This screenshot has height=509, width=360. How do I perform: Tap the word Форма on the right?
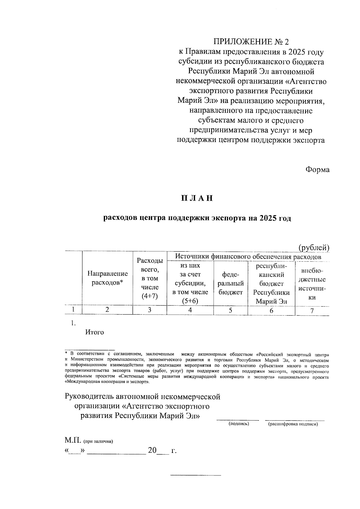point(317,170)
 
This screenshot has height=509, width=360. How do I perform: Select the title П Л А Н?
point(197,198)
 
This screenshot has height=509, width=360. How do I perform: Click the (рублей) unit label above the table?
point(314,248)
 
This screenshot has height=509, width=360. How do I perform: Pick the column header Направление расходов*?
point(107,278)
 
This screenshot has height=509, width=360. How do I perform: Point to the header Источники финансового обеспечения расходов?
point(248,257)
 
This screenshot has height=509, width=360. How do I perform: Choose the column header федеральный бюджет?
point(230,283)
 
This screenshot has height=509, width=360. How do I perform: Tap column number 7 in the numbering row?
point(312,311)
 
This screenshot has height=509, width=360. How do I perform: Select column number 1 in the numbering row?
point(73,310)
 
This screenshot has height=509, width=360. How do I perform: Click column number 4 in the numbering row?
point(190,310)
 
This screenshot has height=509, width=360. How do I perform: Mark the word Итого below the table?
point(94,332)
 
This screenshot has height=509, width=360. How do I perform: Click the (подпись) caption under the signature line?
point(238,424)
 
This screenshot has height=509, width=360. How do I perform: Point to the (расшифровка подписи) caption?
point(293,424)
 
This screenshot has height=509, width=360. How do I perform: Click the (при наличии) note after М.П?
point(98,441)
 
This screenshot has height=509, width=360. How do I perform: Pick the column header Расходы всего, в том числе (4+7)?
point(149,278)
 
